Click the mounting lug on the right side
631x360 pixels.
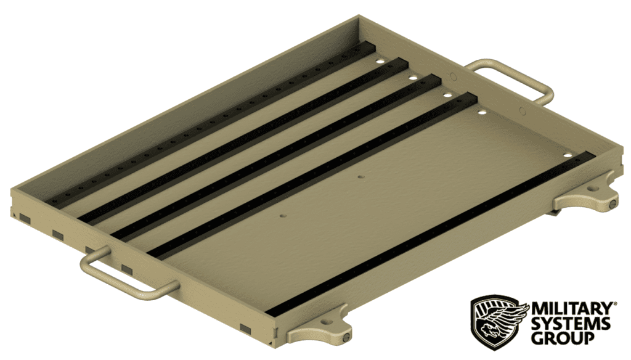(x=586, y=199)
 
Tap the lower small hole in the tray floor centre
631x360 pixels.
(x=283, y=216)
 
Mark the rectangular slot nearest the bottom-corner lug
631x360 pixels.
(x=246, y=328)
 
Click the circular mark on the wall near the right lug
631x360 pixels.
(x=523, y=112)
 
